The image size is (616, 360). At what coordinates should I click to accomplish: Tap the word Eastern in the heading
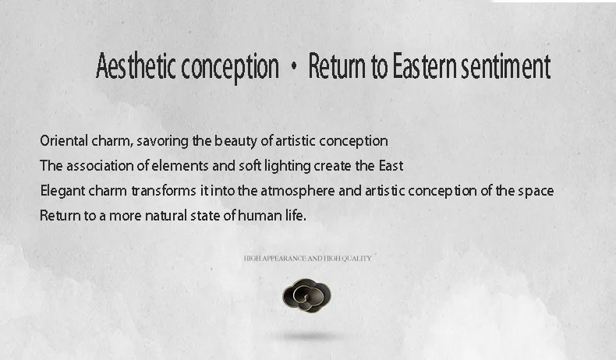[424, 66]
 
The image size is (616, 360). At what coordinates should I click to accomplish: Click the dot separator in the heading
[293, 67]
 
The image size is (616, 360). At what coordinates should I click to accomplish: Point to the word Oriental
[64, 140]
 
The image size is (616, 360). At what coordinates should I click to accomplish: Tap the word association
[100, 166]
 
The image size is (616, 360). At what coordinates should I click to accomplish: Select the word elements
[180, 166]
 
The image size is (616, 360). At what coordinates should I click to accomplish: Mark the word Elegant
[63, 191]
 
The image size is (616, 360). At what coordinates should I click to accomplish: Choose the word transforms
[164, 191]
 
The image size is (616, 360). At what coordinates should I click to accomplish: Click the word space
[536, 192]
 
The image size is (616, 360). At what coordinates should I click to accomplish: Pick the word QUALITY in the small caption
[356, 259]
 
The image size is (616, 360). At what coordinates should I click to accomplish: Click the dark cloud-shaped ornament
[306, 295]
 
